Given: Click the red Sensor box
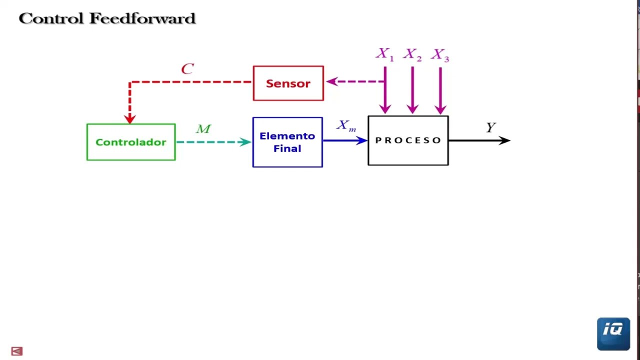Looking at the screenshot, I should point(288,83).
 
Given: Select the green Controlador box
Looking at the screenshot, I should point(131,142).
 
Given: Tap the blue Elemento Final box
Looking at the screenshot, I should point(287,142).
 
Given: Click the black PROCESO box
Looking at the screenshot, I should point(408,140).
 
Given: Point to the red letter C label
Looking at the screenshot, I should point(187,69).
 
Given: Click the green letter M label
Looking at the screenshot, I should point(203,129).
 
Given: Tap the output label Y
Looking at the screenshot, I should point(490,127).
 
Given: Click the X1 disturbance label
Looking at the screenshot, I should point(384,54).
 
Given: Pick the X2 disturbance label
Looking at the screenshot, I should point(412,54).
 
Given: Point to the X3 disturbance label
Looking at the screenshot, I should point(440,54).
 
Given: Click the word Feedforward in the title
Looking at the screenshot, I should point(142,18).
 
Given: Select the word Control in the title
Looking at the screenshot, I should point(51,18).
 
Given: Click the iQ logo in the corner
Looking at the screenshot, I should point(613,333).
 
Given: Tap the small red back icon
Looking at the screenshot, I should point(16,351).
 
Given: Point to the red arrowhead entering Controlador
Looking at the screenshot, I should point(130,118).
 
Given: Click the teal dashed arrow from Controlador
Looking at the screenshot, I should point(212,142).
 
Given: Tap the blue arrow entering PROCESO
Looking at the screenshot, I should point(345,140).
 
